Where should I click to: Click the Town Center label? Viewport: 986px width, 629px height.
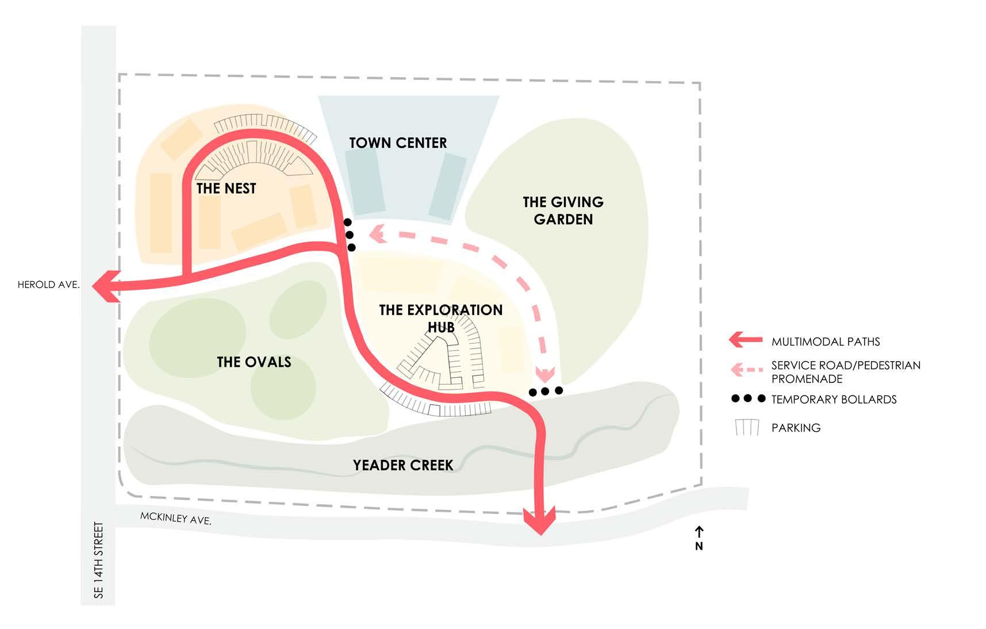tap(398, 143)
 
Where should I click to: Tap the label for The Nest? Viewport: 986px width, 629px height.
tap(226, 189)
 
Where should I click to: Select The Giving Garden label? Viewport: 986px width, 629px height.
tap(563, 210)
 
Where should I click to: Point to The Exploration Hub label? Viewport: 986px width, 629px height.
tap(441, 318)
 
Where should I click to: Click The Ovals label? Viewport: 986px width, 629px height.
tap(254, 362)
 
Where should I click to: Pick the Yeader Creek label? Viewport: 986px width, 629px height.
tap(403, 465)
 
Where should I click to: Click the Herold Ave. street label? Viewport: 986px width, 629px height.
tap(48, 285)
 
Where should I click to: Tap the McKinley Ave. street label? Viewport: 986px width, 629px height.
tap(176, 519)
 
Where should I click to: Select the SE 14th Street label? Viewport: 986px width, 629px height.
tap(99, 560)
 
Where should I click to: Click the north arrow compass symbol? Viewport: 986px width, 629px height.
tap(699, 538)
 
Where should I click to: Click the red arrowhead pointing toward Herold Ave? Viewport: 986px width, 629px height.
tap(106, 285)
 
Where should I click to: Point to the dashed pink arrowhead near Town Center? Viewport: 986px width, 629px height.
tap(378, 233)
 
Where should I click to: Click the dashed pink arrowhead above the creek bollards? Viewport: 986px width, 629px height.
tap(544, 373)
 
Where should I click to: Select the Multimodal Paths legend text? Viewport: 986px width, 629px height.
tap(826, 342)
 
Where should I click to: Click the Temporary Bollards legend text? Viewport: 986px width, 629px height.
tap(834, 400)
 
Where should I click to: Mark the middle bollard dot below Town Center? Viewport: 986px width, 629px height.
tap(349, 235)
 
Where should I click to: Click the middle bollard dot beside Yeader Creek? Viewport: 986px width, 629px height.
tap(545, 392)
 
